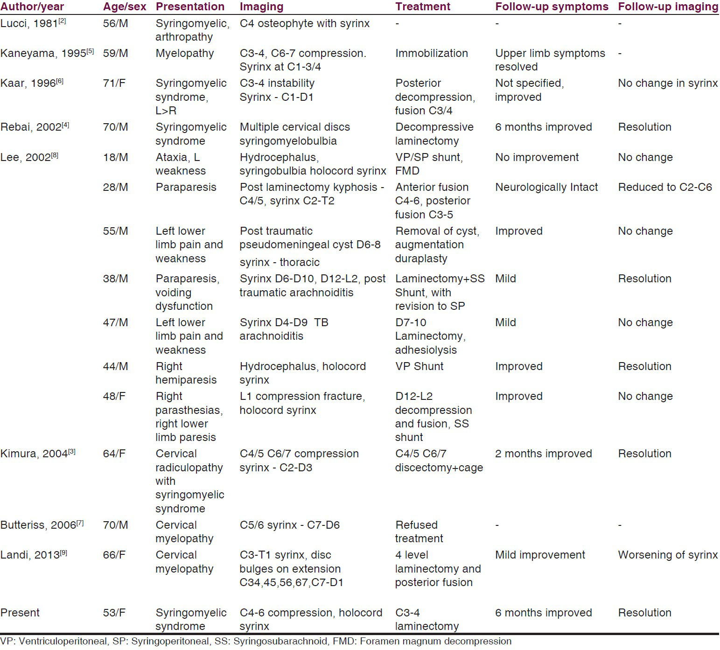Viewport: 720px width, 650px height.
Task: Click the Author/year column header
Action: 32,7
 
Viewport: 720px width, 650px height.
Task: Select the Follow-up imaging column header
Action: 668,7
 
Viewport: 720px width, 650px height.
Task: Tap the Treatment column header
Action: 423,7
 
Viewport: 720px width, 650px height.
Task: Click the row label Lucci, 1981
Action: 33,23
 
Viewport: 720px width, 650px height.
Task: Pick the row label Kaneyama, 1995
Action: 47,53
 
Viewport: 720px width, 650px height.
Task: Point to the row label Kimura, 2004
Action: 38,454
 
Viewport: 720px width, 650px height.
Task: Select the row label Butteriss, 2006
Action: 42,525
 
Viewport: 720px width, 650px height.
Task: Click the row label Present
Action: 20,613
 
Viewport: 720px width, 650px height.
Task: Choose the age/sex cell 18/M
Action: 115,157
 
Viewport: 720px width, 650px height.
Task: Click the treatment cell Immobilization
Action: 432,53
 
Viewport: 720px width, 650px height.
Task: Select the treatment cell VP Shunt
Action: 419,366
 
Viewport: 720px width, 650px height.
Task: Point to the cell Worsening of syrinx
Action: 668,555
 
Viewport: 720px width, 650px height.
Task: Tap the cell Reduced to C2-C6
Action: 665,187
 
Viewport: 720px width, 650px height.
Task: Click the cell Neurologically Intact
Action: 546,187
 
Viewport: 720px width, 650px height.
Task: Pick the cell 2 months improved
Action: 544,454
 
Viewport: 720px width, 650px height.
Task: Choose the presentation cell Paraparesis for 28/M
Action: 186,187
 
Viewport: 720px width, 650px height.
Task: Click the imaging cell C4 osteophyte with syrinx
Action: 305,23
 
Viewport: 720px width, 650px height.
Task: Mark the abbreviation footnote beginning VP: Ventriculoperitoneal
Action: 256,642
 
